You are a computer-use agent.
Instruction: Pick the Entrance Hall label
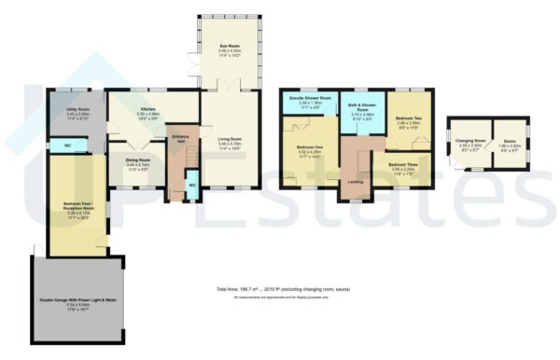pyautogui.click(x=182, y=139)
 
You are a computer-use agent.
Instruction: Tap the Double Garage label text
pyautogui.click(x=77, y=300)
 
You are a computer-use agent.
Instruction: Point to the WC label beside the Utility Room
pyautogui.click(x=57, y=146)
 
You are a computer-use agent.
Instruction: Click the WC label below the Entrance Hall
pyautogui.click(x=191, y=185)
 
